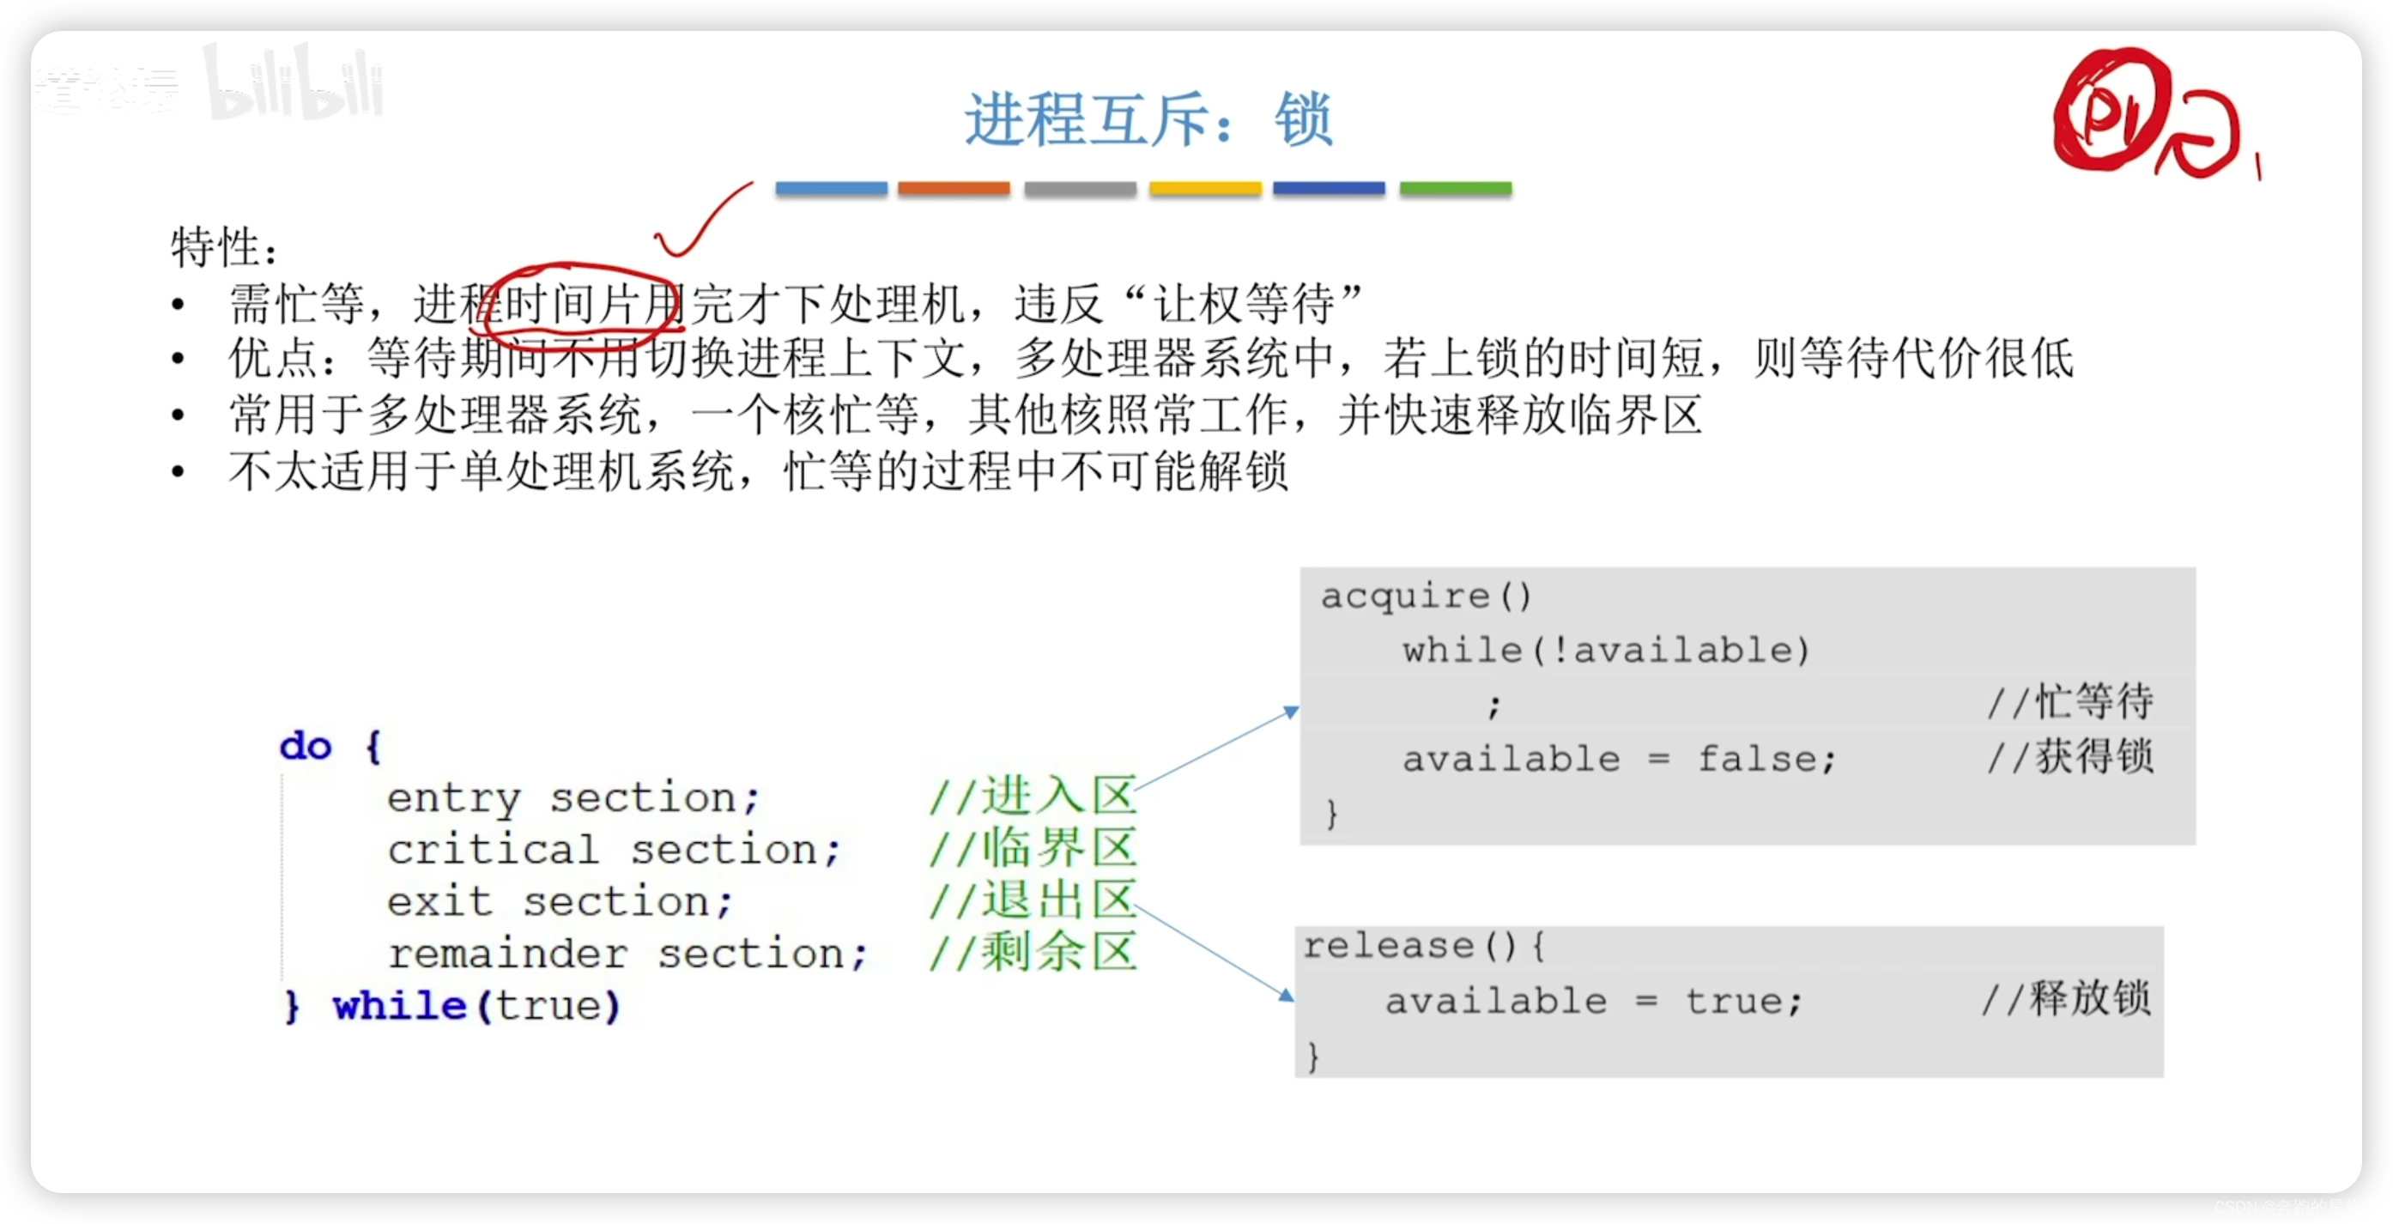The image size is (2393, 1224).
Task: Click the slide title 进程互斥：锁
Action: click(1148, 120)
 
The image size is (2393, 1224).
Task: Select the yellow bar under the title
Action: click(1205, 189)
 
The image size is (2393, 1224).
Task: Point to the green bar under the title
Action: click(1455, 189)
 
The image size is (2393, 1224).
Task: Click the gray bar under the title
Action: click(1080, 189)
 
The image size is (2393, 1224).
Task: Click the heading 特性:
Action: click(224, 248)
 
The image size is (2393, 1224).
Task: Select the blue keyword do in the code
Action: click(306, 747)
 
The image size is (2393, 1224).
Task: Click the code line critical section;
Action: click(613, 850)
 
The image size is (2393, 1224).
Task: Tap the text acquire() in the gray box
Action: click(1425, 596)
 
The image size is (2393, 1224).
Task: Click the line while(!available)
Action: click(1606, 650)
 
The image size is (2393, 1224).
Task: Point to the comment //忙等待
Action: click(2069, 702)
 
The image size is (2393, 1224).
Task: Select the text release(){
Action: click(1424, 946)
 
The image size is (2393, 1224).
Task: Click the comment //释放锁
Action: click(2066, 1000)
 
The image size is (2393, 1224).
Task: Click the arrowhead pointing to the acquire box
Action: click(1290, 712)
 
